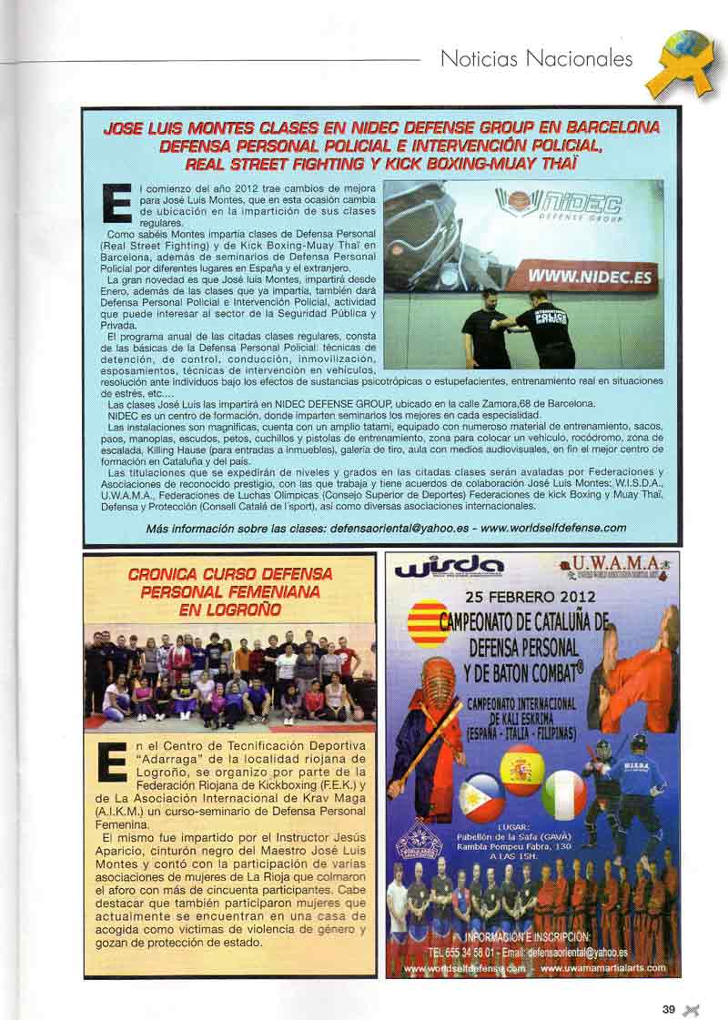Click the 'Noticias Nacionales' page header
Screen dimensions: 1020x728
(536, 59)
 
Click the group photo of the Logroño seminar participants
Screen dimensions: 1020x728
(230, 677)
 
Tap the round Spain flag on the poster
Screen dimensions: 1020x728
(521, 770)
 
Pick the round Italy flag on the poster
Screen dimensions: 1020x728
(564, 795)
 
